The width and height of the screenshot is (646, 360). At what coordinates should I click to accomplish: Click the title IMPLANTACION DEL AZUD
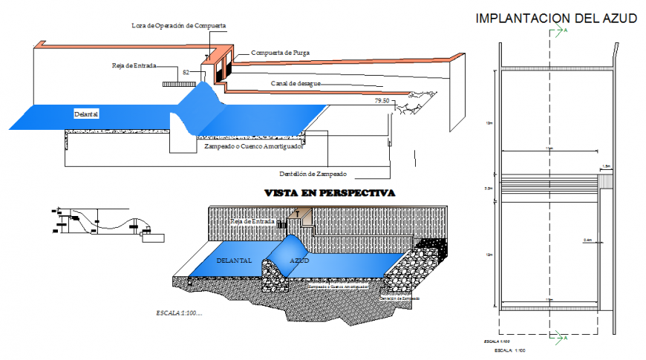click(x=555, y=19)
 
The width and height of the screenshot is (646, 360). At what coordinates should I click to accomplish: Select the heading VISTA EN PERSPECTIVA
click(x=330, y=193)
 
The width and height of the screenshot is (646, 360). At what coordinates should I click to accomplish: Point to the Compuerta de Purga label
click(x=280, y=53)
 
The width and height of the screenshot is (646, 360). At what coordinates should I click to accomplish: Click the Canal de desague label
click(x=296, y=83)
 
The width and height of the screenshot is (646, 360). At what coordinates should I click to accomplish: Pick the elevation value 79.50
click(x=382, y=100)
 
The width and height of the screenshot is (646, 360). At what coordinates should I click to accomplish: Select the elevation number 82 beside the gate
click(x=186, y=72)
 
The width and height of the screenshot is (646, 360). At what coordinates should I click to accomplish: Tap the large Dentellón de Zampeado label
click(x=313, y=174)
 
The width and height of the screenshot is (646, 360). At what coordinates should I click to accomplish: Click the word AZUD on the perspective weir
click(x=299, y=261)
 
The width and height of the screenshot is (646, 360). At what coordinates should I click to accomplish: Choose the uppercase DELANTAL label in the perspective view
click(x=234, y=261)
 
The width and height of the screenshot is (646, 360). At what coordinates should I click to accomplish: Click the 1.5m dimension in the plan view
click(x=606, y=166)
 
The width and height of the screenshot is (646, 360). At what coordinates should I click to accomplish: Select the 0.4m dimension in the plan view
click(x=587, y=240)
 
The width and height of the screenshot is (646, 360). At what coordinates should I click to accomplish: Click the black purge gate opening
click(x=218, y=71)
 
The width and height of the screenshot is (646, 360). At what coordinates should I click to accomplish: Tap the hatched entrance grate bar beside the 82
click(x=172, y=84)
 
